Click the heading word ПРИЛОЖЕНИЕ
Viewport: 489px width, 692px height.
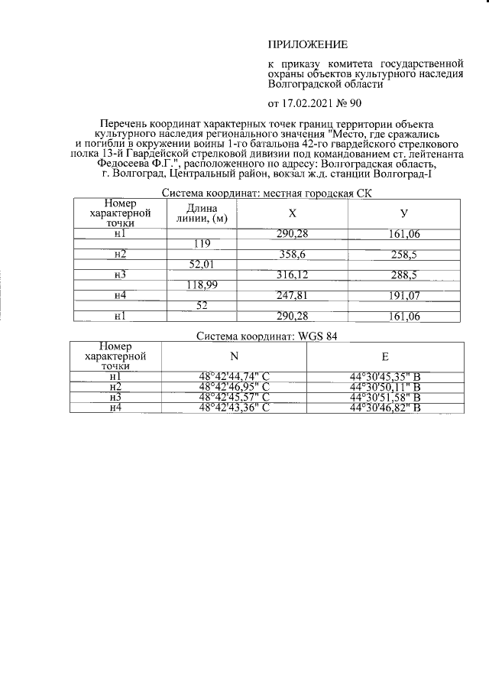[307, 46]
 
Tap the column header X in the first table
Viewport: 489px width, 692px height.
[291, 213]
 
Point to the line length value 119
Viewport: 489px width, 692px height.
[202, 244]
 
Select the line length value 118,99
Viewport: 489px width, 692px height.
[202, 285]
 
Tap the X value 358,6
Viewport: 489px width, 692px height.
[290, 254]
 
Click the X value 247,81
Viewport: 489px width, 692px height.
[290, 295]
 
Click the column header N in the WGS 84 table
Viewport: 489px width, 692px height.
[234, 356]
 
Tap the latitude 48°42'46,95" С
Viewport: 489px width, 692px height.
[234, 387]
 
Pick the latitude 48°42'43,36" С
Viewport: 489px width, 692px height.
[234, 408]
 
